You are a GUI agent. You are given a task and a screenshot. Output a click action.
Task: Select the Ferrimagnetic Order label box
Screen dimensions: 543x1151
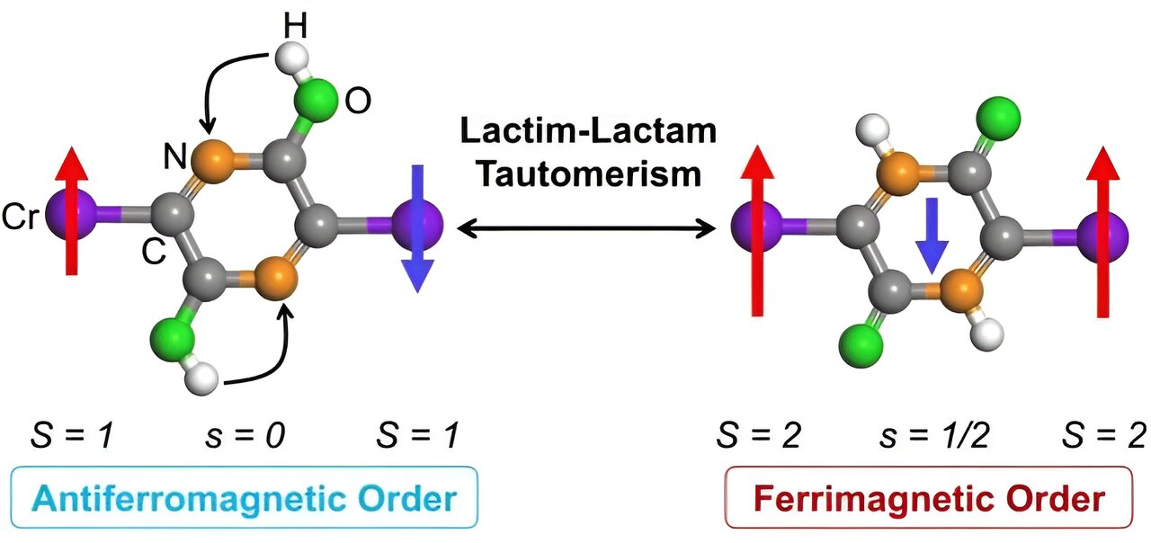[928, 496]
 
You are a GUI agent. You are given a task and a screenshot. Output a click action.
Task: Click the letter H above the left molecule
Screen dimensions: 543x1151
[296, 26]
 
